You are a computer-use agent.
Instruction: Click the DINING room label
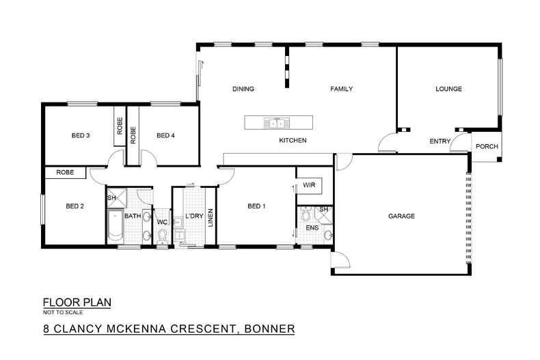click(x=243, y=89)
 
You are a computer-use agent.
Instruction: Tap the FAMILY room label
click(x=341, y=89)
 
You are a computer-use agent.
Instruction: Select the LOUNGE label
click(x=449, y=89)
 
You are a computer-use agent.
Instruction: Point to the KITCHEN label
click(x=293, y=141)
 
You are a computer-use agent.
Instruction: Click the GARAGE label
click(x=402, y=216)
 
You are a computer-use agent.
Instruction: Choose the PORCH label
click(x=487, y=147)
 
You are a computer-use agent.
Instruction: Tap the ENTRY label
click(x=439, y=141)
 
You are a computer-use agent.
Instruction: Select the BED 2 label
click(x=75, y=206)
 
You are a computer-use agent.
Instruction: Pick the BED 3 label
click(x=81, y=135)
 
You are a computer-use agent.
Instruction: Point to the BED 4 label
click(x=166, y=135)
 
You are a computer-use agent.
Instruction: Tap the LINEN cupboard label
click(x=212, y=219)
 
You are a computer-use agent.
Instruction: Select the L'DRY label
click(x=195, y=218)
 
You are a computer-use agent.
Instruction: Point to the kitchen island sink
click(x=277, y=124)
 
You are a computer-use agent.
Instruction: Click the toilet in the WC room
click(x=163, y=236)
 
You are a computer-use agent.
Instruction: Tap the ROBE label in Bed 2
click(x=65, y=173)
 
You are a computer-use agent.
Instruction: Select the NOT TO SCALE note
click(x=62, y=311)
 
